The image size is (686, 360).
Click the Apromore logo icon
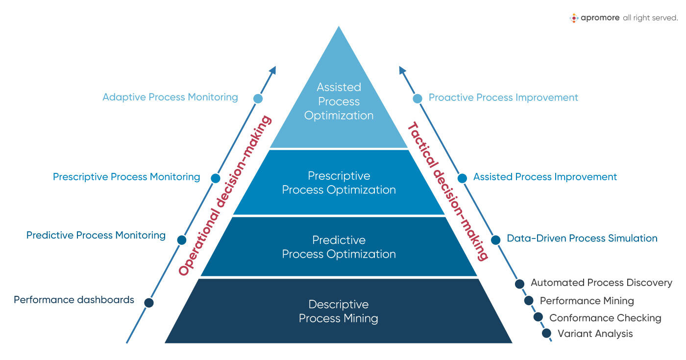pos(574,18)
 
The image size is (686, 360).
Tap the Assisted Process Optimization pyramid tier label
pos(339,101)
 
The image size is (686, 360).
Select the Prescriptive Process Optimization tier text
pos(339,183)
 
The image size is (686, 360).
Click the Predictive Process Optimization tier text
pos(339,247)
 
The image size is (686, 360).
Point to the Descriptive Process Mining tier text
pos(339,312)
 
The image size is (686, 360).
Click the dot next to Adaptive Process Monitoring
pos(258,98)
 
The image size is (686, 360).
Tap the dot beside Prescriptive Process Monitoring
pos(215,178)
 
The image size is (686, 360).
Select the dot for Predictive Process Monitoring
pos(181,240)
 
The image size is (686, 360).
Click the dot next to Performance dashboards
pos(149,303)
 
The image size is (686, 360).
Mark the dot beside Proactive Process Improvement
pos(417,98)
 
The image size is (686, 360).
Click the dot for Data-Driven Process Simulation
pos(495,240)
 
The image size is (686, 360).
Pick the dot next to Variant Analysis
pos(547,334)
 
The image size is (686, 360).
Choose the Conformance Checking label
pos(605,318)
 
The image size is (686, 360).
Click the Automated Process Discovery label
pos(601,283)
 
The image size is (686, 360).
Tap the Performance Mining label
pos(587,301)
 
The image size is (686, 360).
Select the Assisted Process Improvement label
pos(545,177)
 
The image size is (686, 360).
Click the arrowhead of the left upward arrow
pos(273,71)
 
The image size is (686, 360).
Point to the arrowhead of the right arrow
pos(402,71)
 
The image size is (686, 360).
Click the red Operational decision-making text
pos(225,196)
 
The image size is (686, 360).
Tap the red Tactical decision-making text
pos(447,191)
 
